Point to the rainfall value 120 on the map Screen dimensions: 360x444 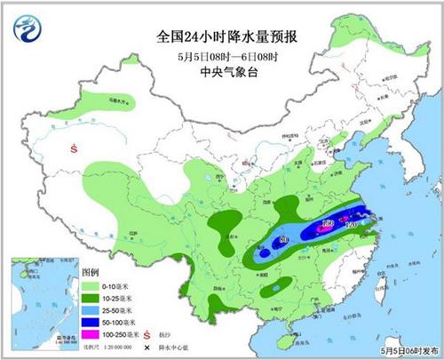click(352, 228)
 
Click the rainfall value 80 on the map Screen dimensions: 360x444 click(283, 241)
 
